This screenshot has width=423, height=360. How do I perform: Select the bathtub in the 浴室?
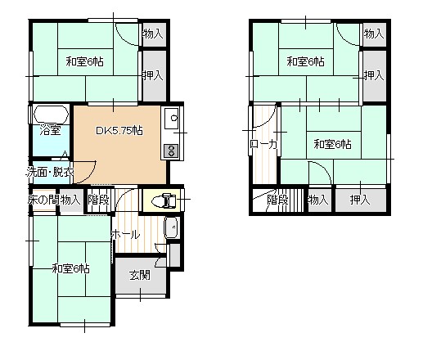click(x=51, y=114)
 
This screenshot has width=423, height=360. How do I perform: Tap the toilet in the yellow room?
click(x=163, y=199)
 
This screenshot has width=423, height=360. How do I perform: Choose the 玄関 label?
click(x=139, y=275)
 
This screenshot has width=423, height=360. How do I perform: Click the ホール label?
click(x=125, y=235)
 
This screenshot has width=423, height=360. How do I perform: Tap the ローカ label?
click(x=263, y=145)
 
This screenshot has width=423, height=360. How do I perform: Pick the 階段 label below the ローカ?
click(x=278, y=199)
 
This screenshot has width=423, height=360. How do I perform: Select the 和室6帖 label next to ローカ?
click(x=332, y=145)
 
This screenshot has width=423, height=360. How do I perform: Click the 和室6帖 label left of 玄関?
click(x=70, y=268)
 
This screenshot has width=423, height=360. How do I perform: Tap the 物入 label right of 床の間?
click(x=70, y=199)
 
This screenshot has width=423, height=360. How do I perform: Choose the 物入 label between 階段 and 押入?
click(x=317, y=199)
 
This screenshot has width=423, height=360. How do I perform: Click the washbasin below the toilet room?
click(x=170, y=228)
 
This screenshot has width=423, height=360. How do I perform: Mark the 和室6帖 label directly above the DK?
click(x=86, y=61)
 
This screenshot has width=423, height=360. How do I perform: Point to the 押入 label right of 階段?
click(x=360, y=199)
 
